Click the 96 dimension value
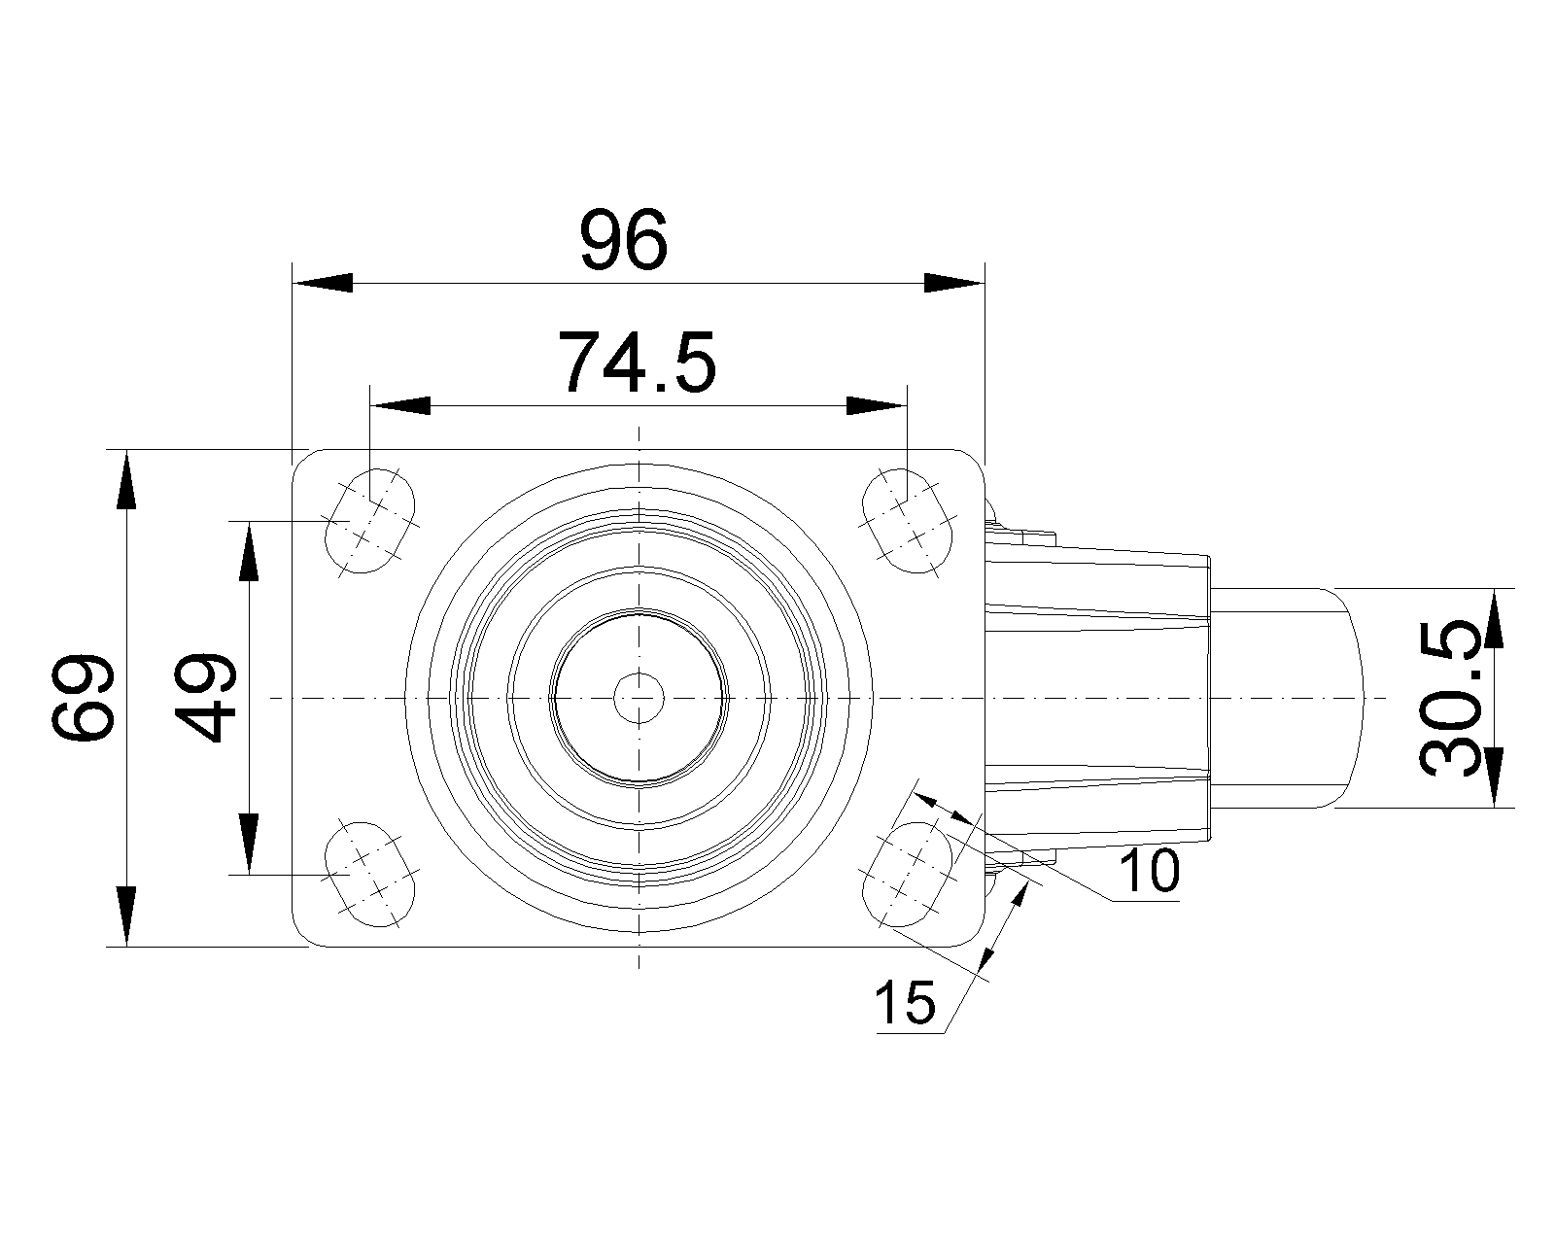tap(624, 241)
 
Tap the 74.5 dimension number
tap(638, 363)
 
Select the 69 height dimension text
tap(83, 698)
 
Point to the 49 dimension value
tap(205, 698)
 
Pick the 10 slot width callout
tap(1150, 872)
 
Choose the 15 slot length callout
tap(906, 1003)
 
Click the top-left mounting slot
tap(370, 521)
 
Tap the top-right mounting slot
tap(908, 521)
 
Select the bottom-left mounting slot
tap(370, 875)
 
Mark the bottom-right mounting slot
tap(908, 875)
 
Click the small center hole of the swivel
tap(639, 698)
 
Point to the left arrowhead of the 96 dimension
tap(323, 283)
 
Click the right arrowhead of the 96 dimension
tap(954, 283)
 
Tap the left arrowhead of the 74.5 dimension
tap(400, 405)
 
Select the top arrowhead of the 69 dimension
tap(126, 480)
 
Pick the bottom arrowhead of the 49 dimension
tap(250, 844)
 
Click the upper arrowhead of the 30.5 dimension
tap(1495, 619)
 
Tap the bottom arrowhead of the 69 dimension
tap(126, 916)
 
